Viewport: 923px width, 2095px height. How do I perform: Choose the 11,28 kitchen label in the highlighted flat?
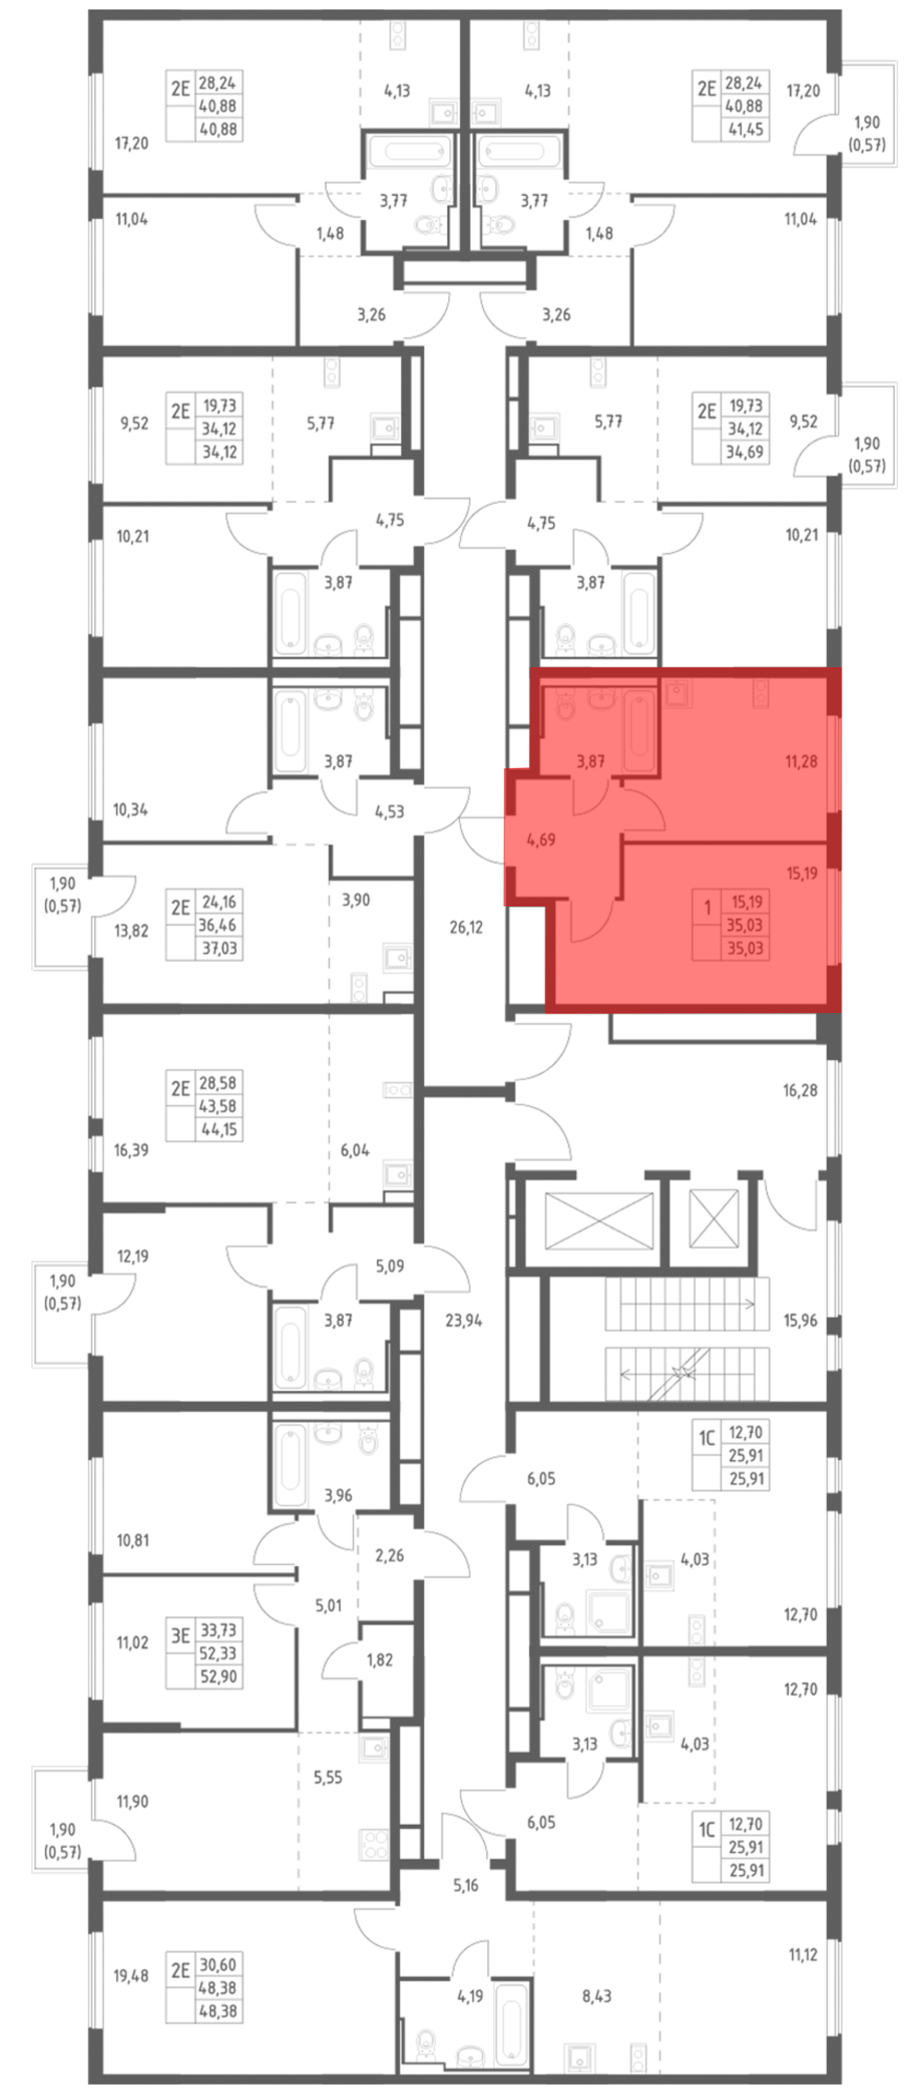(x=801, y=761)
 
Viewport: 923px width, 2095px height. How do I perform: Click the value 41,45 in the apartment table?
(x=745, y=128)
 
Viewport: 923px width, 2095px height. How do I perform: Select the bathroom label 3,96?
(x=338, y=1495)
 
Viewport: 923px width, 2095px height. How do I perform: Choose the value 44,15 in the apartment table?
(x=218, y=1130)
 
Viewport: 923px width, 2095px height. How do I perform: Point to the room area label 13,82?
(x=132, y=930)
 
